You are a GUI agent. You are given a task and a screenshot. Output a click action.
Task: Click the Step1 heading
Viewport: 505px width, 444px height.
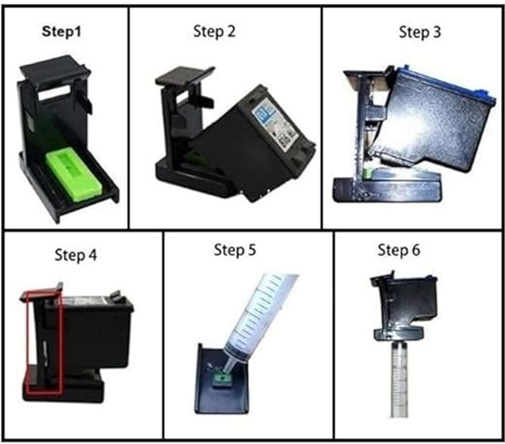pyautogui.click(x=61, y=32)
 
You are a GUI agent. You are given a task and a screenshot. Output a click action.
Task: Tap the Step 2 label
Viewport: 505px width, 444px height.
pyautogui.click(x=214, y=32)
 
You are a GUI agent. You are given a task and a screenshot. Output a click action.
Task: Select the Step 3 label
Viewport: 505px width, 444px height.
pyautogui.click(x=420, y=32)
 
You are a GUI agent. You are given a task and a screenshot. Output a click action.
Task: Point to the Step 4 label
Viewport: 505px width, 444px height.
pyautogui.click(x=76, y=255)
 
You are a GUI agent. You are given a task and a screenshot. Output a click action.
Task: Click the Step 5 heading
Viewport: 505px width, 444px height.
pyautogui.click(x=235, y=250)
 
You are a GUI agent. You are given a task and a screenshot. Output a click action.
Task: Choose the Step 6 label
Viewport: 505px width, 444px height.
pyautogui.click(x=399, y=250)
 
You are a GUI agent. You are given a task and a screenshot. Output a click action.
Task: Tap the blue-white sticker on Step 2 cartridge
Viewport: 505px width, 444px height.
pyautogui.click(x=275, y=124)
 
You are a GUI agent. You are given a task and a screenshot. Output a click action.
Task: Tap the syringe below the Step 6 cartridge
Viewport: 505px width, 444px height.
pyautogui.click(x=400, y=380)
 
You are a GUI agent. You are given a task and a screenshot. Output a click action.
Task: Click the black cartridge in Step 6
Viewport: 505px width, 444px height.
pyautogui.click(x=404, y=306)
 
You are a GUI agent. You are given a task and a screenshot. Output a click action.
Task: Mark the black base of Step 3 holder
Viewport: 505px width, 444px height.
pyautogui.click(x=386, y=190)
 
